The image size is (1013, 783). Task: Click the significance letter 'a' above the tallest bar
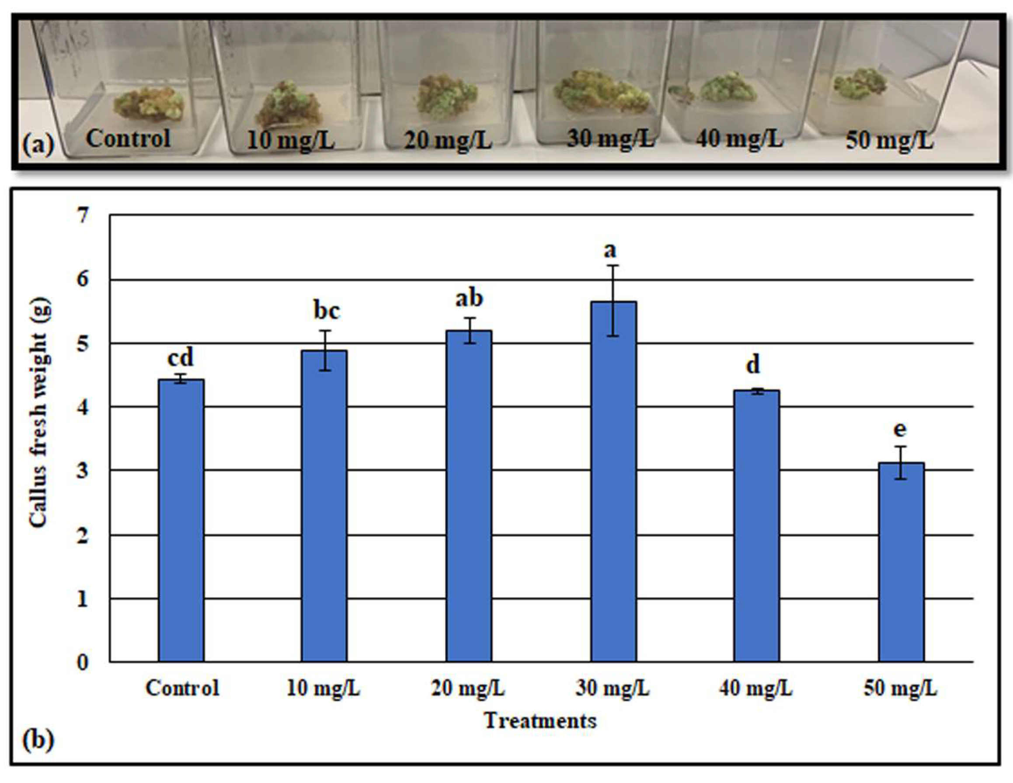click(x=610, y=250)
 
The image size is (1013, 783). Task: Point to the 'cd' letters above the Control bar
click(x=180, y=358)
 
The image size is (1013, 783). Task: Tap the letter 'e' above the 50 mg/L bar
click(x=899, y=429)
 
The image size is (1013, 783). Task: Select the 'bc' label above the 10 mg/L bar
click(x=327, y=311)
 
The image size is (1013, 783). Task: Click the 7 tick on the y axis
click(x=83, y=215)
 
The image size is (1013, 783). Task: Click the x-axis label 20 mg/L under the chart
click(x=467, y=689)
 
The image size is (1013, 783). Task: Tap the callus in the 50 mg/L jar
click(x=860, y=84)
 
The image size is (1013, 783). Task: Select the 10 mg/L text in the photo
click(x=290, y=140)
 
